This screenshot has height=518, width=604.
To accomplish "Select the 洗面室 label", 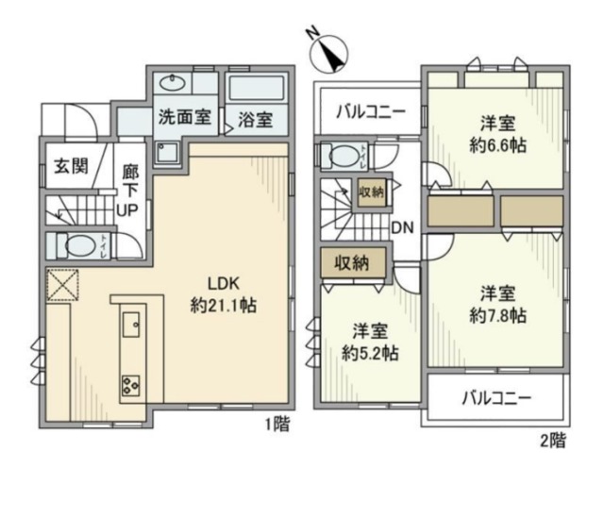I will [179, 120].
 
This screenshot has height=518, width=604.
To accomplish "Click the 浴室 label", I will [255, 120].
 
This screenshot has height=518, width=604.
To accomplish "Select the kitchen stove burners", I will [129, 385].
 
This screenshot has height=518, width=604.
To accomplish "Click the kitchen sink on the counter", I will [131, 326].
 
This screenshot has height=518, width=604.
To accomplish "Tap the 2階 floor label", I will [553, 439].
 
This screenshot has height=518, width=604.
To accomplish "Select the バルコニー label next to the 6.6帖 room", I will [372, 112].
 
